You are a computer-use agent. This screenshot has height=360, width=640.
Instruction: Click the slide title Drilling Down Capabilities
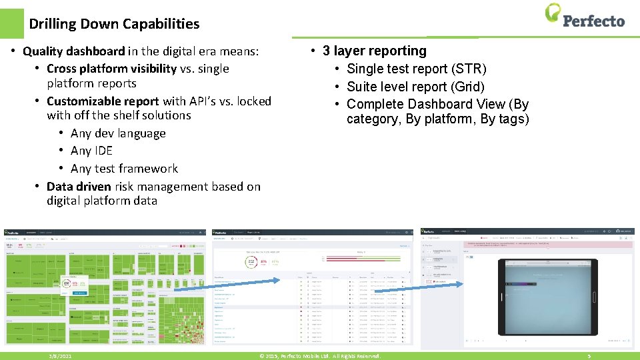click(x=114, y=24)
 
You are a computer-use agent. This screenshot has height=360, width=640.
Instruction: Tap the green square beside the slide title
click(x=11, y=23)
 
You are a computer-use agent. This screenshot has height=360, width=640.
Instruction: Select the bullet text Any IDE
click(x=91, y=151)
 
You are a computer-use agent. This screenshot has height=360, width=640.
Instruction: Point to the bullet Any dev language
click(x=118, y=133)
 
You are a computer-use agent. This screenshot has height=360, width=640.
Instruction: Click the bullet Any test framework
click(x=124, y=169)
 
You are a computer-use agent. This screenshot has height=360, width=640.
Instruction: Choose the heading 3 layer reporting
click(x=374, y=51)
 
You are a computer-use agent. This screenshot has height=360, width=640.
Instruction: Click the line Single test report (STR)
click(x=417, y=69)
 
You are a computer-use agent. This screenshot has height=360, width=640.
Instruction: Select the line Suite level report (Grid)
click(x=415, y=87)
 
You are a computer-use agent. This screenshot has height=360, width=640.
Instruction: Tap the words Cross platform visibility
click(x=111, y=69)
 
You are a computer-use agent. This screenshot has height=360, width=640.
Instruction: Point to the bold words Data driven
click(x=79, y=187)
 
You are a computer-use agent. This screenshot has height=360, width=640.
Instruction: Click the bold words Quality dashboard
click(x=73, y=51)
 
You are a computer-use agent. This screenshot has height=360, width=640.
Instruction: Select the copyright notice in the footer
click(x=320, y=356)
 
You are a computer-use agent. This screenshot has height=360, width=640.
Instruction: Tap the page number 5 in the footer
click(x=589, y=356)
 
